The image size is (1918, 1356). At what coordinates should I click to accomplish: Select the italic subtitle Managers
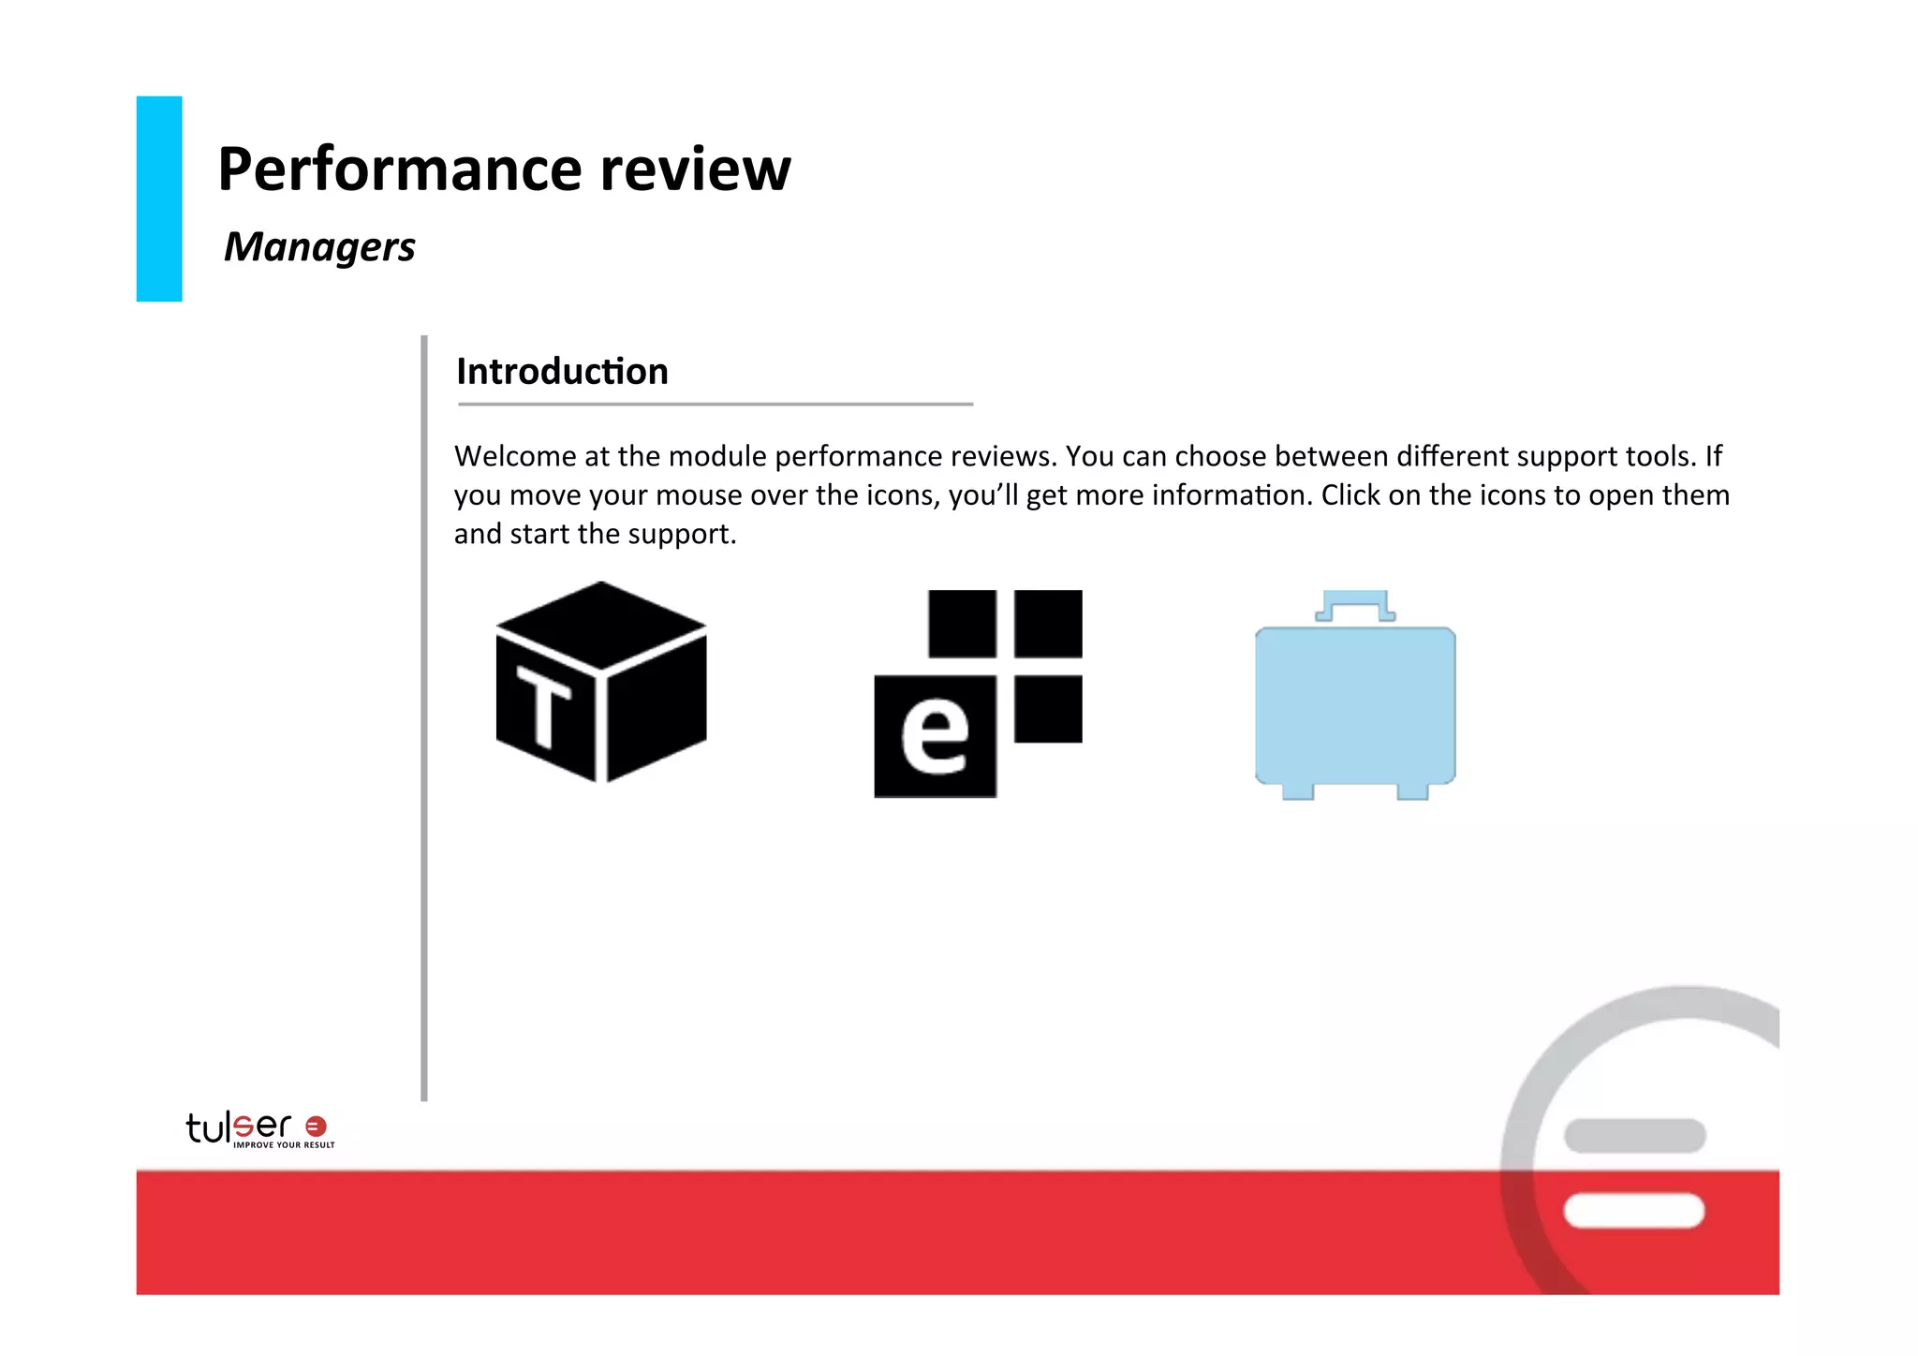click(x=319, y=247)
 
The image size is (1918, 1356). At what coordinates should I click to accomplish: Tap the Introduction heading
click(x=562, y=372)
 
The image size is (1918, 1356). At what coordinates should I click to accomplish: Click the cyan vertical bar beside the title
click(x=159, y=199)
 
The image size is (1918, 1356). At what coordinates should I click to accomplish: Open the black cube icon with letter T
click(x=601, y=682)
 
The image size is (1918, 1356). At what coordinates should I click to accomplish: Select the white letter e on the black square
click(x=934, y=737)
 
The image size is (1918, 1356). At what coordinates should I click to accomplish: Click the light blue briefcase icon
click(x=1354, y=704)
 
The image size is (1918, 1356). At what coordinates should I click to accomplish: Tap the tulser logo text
click(x=239, y=1127)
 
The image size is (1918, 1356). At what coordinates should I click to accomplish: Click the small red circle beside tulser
click(x=317, y=1127)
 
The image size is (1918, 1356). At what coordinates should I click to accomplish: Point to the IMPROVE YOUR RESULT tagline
click(x=284, y=1145)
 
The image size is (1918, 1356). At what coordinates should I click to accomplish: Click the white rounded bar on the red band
click(x=1633, y=1211)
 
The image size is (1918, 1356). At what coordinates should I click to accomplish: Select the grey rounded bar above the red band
click(x=1634, y=1136)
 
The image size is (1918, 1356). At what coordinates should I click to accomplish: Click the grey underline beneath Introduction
click(x=716, y=405)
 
